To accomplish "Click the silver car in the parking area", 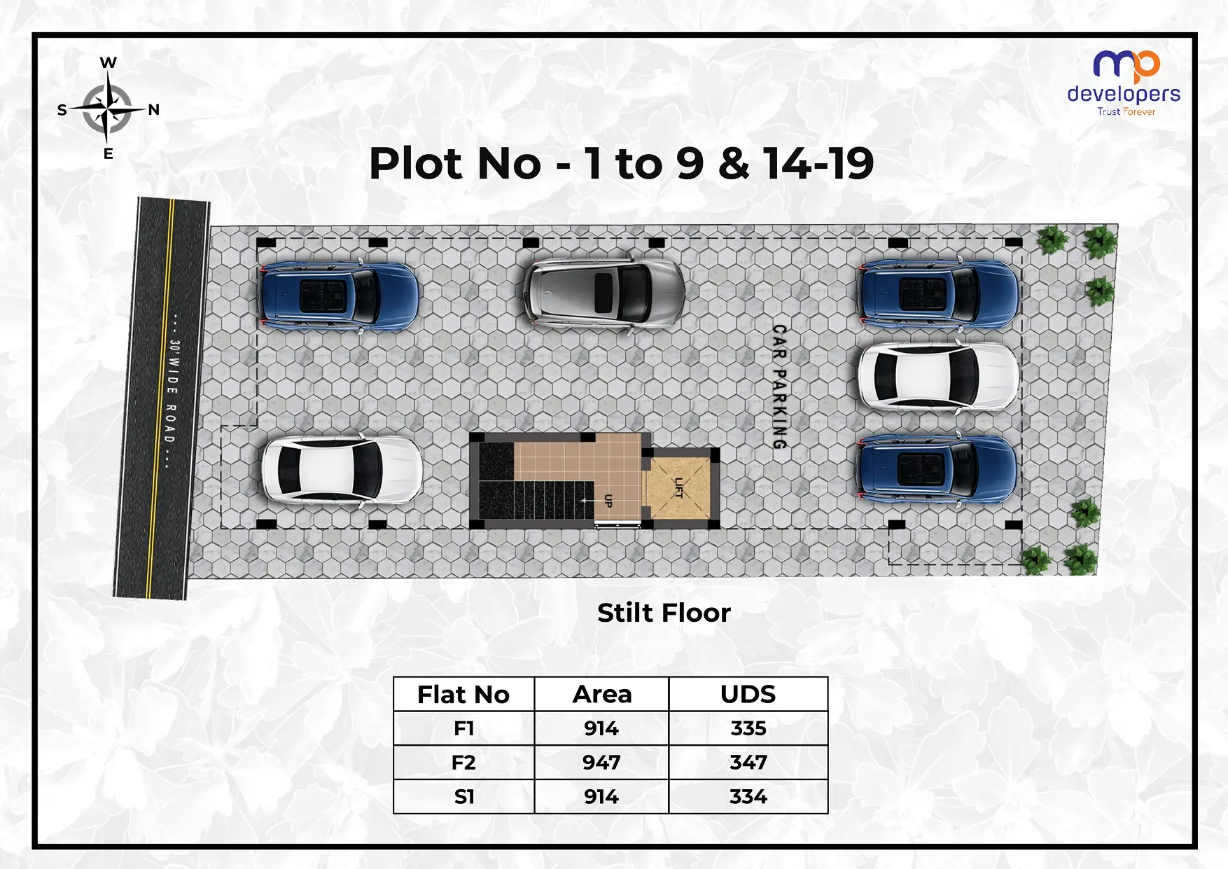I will (603, 292).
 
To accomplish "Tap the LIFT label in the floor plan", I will (678, 487).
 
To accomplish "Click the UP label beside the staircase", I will (608, 501).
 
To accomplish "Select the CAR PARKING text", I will (779, 387).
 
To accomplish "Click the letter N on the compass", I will (154, 110).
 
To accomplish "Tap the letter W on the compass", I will (108, 63).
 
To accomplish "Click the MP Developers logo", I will (1124, 83).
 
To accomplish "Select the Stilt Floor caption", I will (664, 613).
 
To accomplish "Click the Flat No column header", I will (463, 695).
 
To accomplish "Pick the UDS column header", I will (748, 695).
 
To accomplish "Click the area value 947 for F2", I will (601, 763).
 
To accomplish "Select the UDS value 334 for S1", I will (748, 797).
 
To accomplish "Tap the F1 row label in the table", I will (463, 729).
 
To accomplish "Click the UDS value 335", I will (748, 729).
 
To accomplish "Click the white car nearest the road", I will (341, 470).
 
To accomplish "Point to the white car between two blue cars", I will (938, 377).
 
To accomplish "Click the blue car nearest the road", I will (338, 296).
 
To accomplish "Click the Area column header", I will (601, 695).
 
